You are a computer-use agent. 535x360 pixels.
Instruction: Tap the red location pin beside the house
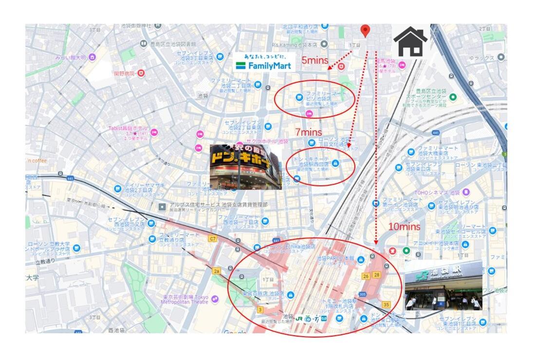[x=365, y=31]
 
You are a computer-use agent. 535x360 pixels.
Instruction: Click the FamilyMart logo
[x=263, y=62]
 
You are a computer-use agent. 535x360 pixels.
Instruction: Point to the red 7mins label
[x=309, y=132]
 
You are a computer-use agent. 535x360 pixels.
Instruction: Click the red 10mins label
[x=404, y=226]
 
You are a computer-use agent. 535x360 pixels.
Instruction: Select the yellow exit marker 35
[x=386, y=305]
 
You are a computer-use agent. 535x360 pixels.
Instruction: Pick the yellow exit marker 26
[x=366, y=276]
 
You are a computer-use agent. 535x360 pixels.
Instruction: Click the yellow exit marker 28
[x=376, y=275]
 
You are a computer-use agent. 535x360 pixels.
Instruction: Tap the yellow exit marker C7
[x=212, y=238]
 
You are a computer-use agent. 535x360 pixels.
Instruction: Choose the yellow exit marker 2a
[x=217, y=270]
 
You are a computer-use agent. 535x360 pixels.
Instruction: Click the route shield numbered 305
[x=362, y=294]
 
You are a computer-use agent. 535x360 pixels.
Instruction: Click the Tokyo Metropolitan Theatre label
[x=185, y=299]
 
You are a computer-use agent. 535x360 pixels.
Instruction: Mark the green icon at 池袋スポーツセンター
[x=453, y=97]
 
